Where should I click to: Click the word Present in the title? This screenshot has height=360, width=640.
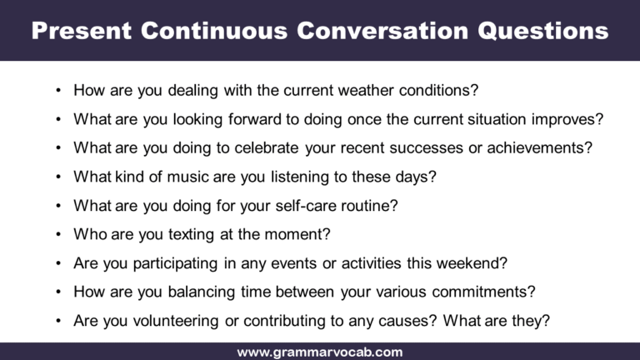tap(80, 31)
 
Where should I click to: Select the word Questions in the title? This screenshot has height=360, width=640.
tap(542, 31)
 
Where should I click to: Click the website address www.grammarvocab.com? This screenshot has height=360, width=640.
tap(320, 352)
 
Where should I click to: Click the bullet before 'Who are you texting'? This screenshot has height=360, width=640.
tap(57, 235)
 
